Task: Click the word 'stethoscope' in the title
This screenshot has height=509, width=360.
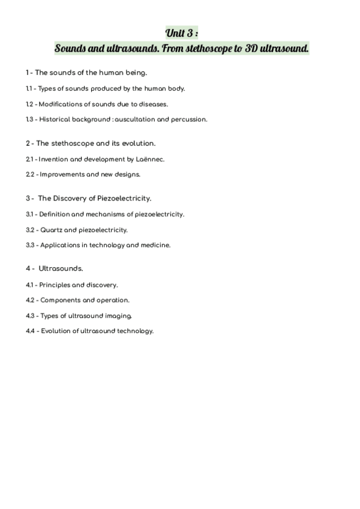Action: [x=211, y=47]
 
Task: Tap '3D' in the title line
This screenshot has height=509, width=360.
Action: [x=253, y=47]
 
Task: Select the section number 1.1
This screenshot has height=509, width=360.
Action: [x=29, y=88]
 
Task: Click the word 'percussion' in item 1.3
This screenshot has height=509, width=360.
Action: [x=190, y=119]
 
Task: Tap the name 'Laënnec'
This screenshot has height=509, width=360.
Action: [x=150, y=159]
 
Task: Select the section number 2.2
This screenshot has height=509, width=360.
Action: [x=30, y=175]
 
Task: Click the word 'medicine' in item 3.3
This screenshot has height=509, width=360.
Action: [x=155, y=245]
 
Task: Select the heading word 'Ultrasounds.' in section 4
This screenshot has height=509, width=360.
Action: [x=61, y=268]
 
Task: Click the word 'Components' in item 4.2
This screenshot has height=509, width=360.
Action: [x=59, y=300]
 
